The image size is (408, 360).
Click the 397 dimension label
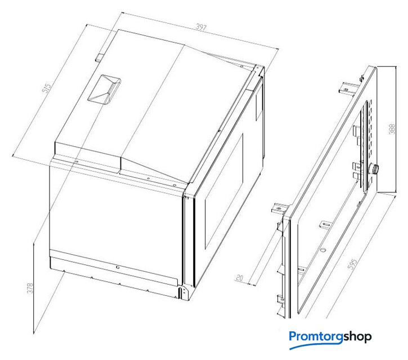tap(201, 27)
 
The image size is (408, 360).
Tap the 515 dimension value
tap(47, 88)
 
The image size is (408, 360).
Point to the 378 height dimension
tap(30, 288)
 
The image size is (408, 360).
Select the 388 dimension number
tap(392, 129)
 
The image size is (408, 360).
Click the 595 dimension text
tap(352, 264)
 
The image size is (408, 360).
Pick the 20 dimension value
tap(239, 278)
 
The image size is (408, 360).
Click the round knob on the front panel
tap(375, 169)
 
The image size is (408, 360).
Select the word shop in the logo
tap(357, 337)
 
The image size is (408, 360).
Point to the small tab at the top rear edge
tap(99, 57)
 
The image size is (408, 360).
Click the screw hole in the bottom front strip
tap(118, 267)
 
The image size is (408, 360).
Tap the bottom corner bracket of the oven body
tap(183, 293)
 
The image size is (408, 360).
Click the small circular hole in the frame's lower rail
tap(323, 250)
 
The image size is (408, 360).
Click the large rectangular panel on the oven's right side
tap(224, 191)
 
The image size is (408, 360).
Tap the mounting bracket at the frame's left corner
tap(280, 209)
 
